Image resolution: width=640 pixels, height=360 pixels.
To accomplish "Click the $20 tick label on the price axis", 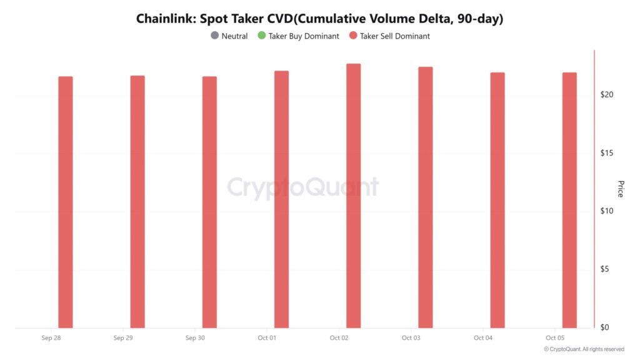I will [606, 94].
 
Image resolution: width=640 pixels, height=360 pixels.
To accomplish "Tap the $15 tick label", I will [606, 153].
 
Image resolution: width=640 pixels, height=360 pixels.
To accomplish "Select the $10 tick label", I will [606, 211].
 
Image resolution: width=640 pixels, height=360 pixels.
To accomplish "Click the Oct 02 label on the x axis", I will [339, 338].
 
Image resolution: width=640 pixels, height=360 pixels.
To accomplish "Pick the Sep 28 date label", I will [51, 338].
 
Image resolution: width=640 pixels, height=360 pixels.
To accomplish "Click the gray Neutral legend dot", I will [215, 36].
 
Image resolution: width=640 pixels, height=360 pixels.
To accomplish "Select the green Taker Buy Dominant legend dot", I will [262, 36].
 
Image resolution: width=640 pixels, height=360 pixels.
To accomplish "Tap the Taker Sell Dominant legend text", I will [394, 36].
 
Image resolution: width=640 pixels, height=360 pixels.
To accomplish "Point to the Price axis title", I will [621, 189].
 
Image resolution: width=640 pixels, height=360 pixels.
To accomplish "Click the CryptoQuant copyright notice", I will [584, 349].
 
